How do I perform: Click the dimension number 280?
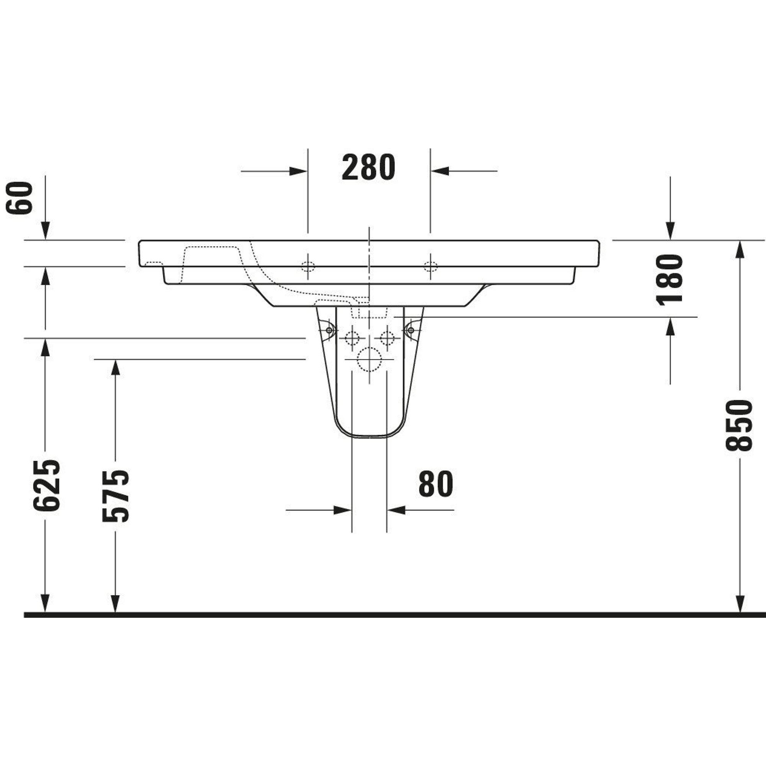point(368,167)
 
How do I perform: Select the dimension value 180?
point(669,280)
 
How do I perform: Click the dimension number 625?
point(47,485)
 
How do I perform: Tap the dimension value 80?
point(436,484)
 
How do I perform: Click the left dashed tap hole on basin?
point(308,267)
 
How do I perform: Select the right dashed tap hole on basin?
point(430,267)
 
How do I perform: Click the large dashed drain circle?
point(369,359)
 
